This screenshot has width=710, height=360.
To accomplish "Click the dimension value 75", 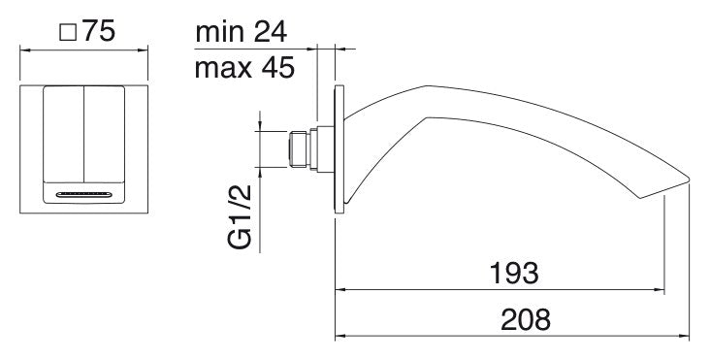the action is coord(99,31).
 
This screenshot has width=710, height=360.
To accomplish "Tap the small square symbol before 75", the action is coord(68,33).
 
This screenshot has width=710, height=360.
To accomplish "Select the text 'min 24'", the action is coord(241,32).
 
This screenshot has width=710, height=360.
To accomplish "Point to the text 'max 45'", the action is coord(244,68).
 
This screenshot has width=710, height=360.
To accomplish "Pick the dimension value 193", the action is coord(514,274).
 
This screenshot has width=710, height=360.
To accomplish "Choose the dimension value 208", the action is coord(526,319).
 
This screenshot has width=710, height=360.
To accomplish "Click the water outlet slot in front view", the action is coord(83,195).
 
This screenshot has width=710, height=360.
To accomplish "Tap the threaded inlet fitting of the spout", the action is coord(299,149).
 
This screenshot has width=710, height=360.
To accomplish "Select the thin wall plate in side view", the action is coord(339,148).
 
